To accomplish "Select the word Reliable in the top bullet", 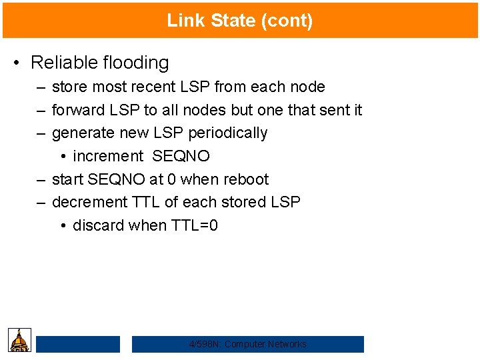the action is (x=63, y=63).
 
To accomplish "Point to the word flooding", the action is (x=136, y=63).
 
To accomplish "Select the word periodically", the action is (x=228, y=133).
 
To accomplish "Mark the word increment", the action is (x=108, y=156).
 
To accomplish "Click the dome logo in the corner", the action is (x=20, y=340).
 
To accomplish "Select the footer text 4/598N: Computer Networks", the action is (x=248, y=344).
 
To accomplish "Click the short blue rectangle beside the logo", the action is (x=78, y=344).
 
